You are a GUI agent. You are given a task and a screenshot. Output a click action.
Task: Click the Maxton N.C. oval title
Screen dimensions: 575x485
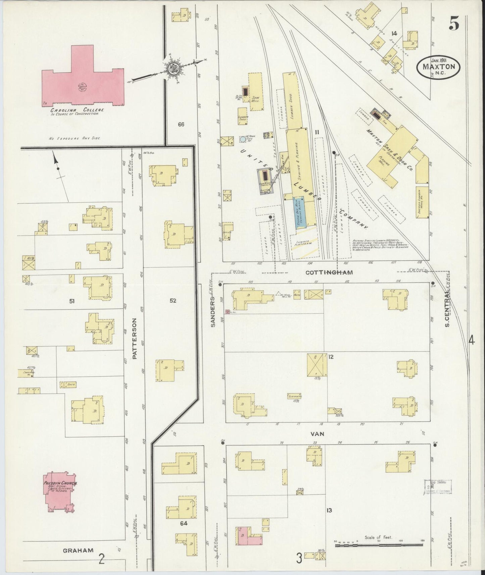(439, 66)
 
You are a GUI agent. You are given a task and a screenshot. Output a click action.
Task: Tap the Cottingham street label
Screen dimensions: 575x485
(329, 272)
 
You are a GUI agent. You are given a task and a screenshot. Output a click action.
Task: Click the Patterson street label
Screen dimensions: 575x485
(135, 339)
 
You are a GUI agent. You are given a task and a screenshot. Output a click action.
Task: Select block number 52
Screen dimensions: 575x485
(173, 301)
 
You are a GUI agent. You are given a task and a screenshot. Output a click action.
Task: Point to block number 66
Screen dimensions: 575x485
(181, 124)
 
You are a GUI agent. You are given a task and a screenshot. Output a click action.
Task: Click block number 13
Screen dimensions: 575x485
(329, 510)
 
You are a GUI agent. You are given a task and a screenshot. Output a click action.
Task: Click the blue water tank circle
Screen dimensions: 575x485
(243, 139)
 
